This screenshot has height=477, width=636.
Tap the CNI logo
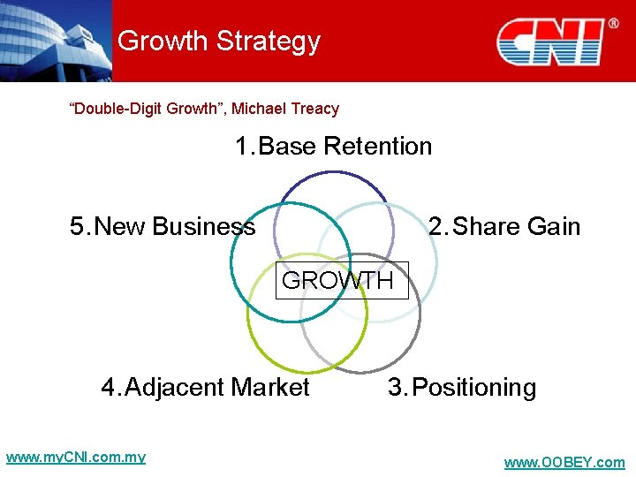click(x=549, y=42)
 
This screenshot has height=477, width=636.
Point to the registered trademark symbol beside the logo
click(x=612, y=23)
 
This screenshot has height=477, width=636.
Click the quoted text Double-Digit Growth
click(x=146, y=109)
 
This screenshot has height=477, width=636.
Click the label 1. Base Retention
click(x=333, y=146)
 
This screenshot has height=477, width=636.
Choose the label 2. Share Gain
click(x=504, y=227)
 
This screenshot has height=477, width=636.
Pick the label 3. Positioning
click(x=462, y=388)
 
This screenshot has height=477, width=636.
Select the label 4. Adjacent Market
click(x=205, y=388)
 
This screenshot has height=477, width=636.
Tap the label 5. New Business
click(x=163, y=227)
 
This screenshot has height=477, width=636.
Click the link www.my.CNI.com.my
click(x=75, y=458)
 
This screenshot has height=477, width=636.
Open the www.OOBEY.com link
click(x=564, y=463)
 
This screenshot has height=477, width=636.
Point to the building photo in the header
click(x=55, y=40)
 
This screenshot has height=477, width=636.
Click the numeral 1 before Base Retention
click(x=242, y=146)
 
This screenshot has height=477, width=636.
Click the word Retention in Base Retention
click(x=378, y=146)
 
